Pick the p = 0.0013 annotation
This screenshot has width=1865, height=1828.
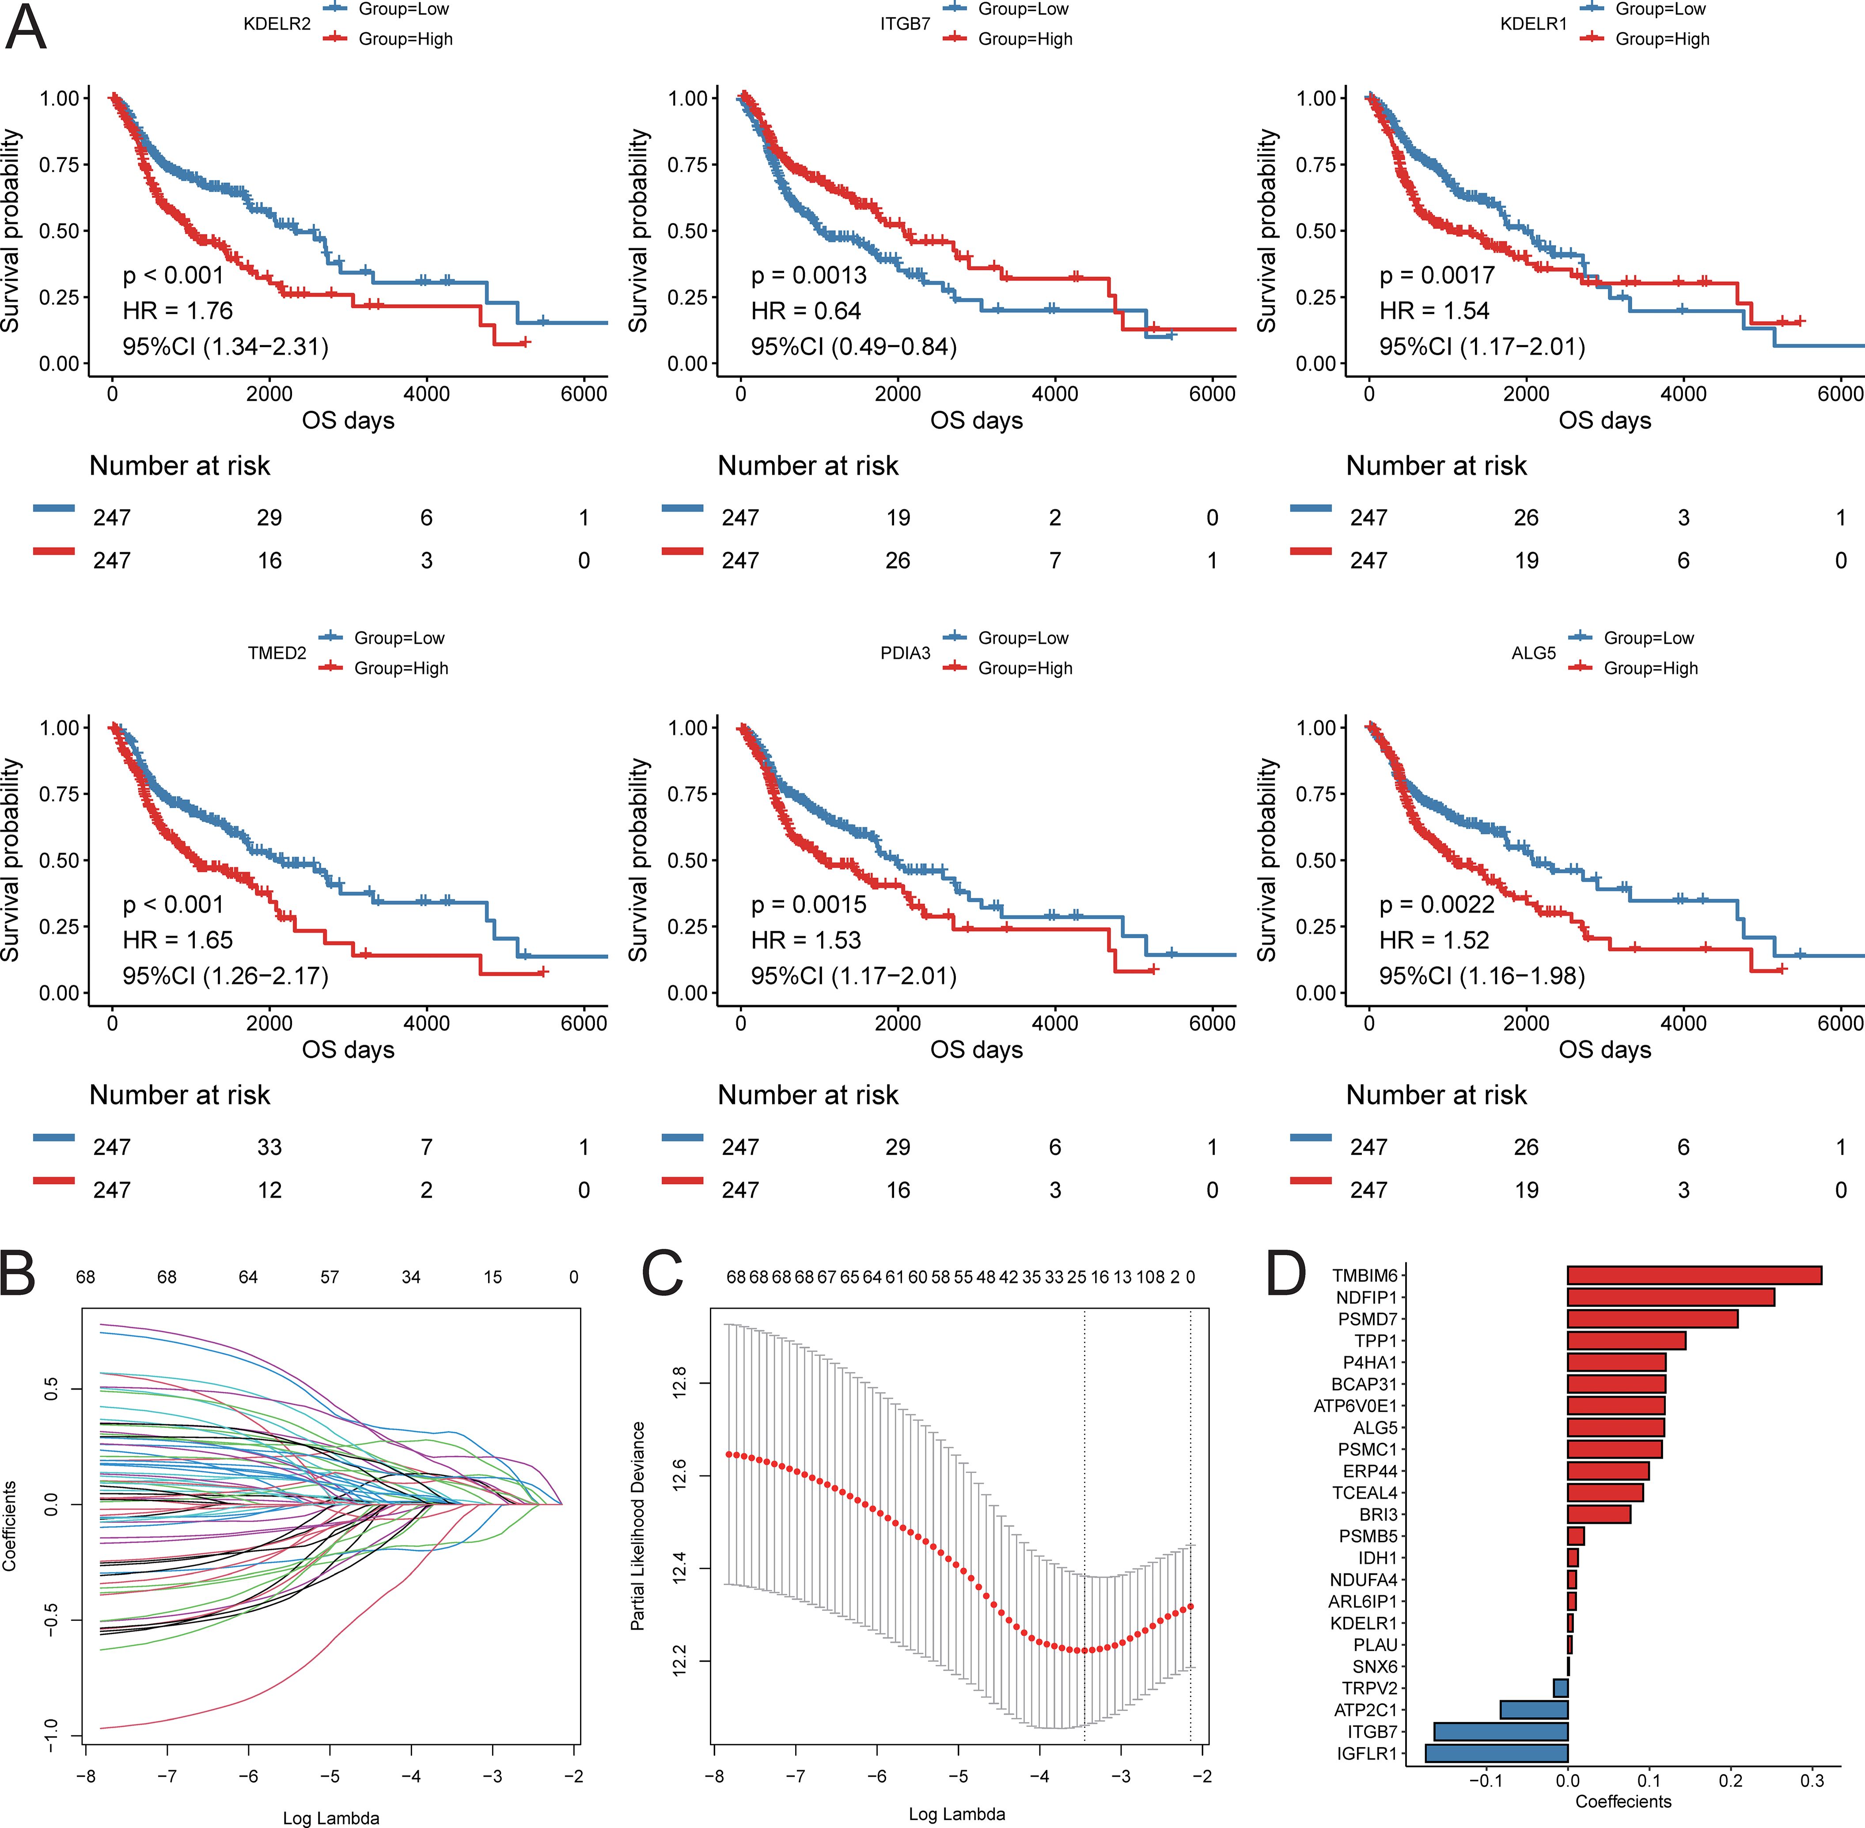click(809, 276)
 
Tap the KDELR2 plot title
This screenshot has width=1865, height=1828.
click(277, 24)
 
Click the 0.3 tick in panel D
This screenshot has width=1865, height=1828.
click(1811, 1781)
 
